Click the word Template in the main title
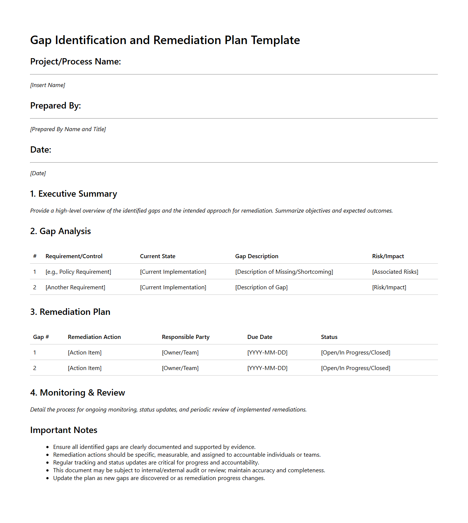(275, 40)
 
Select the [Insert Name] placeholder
(47, 85)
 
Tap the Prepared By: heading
(56, 106)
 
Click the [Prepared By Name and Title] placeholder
(68, 129)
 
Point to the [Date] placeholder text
(38, 173)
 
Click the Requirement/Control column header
(74, 256)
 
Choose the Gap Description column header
(256, 256)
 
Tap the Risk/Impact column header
(388, 256)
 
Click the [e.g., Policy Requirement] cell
(78, 272)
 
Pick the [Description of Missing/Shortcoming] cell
(284, 272)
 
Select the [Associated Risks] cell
(395, 272)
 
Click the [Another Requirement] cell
(75, 287)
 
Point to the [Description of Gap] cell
(261, 287)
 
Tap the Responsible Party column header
(185, 337)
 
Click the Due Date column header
(259, 337)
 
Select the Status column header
(329, 337)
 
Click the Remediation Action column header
(94, 337)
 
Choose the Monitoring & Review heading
(77, 393)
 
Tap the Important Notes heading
(64, 430)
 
